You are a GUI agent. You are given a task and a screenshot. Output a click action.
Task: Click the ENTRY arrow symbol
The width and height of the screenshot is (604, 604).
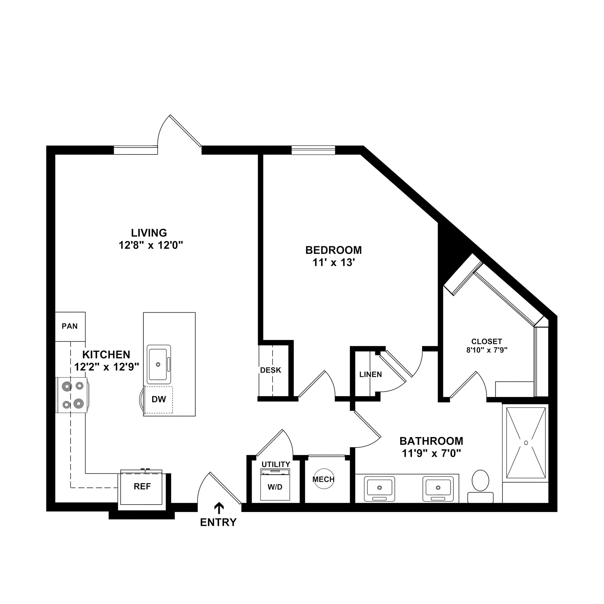219,508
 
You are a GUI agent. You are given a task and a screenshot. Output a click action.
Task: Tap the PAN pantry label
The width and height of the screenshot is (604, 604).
70,326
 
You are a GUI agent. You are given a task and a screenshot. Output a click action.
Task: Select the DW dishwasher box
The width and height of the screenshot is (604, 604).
158,399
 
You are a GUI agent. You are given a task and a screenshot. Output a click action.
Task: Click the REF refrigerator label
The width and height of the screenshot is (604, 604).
142,486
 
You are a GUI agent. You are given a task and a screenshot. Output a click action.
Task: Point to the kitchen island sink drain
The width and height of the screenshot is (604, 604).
158,365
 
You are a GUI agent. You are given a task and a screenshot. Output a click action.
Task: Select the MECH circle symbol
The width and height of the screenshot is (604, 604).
324,479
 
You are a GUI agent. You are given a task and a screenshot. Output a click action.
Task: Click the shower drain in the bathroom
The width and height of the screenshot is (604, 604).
526,443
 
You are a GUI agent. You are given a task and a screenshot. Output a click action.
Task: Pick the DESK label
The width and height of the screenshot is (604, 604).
271,370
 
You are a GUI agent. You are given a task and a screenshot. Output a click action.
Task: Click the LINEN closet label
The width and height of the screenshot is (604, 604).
370,375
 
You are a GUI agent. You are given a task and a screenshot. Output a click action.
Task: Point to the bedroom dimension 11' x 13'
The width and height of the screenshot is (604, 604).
334,263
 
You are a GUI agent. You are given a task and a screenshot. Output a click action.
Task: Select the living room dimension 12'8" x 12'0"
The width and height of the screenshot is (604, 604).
150,245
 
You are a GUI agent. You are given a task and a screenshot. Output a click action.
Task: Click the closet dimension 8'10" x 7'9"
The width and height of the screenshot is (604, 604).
487,350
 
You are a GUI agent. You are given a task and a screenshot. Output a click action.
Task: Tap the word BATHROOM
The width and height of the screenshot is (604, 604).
431,441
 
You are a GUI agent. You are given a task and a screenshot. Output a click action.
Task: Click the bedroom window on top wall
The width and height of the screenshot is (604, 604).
313,150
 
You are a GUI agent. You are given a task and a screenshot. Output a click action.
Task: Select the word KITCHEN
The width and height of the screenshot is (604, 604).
106,354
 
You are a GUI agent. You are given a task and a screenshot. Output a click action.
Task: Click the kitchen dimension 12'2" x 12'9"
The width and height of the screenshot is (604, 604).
106,367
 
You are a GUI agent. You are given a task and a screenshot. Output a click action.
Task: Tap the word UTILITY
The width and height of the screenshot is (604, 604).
276,464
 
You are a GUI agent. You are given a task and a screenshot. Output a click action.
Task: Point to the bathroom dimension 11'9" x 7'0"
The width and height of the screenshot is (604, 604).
431,453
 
